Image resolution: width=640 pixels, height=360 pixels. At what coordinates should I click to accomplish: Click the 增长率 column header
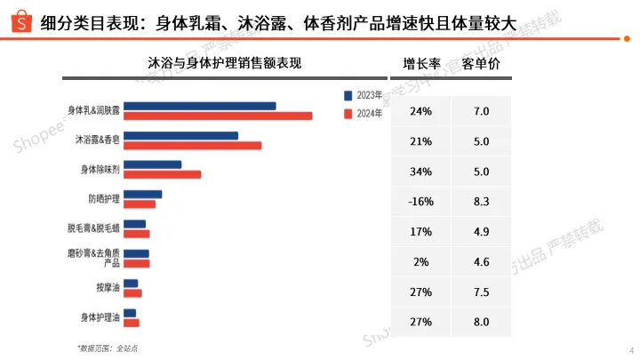[420, 64]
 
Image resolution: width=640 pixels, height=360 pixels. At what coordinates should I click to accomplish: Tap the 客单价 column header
[481, 64]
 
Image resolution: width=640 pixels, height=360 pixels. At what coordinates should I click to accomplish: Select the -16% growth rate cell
[420, 201]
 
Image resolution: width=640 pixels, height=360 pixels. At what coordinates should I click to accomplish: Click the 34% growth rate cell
[420, 171]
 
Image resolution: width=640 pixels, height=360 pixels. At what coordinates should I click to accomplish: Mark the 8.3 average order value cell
[482, 201]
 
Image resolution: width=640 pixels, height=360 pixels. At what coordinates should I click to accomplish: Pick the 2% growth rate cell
[420, 261]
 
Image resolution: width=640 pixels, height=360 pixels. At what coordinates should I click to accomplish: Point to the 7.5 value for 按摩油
[482, 292]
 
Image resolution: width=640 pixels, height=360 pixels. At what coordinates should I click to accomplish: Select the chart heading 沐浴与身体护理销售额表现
[225, 64]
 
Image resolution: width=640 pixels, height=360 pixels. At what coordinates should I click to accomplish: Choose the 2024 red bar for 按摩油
[132, 293]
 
